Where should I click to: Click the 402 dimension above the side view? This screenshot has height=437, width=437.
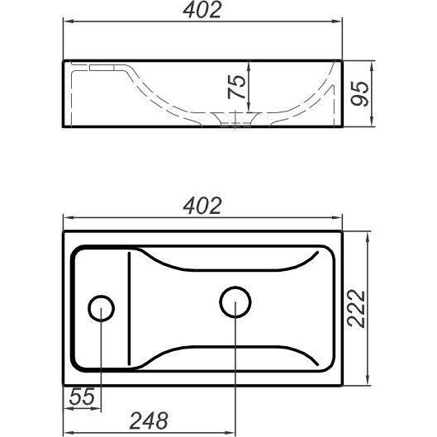click(x=202, y=10)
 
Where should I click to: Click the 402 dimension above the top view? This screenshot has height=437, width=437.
click(x=202, y=206)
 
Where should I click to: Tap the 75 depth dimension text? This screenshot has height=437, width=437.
click(x=236, y=87)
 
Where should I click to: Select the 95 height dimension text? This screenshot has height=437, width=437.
click(x=359, y=93)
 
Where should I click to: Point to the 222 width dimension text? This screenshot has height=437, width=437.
click(x=356, y=308)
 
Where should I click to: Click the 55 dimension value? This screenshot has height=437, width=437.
click(x=82, y=397)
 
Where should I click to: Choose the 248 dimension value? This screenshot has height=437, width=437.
click(x=149, y=420)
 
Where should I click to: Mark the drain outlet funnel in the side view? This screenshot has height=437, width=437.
click(x=235, y=119)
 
